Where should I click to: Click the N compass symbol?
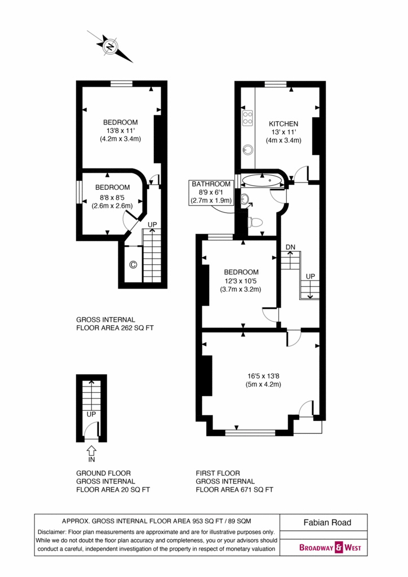click(110, 46)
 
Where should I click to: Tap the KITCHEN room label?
click(283, 123)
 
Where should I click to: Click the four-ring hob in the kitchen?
click(247, 118)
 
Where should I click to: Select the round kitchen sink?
click(247, 149)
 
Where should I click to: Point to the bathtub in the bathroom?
click(262, 180)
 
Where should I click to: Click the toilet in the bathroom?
click(256, 222)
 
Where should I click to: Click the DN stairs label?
click(290, 247)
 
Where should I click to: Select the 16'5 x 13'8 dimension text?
click(263, 376)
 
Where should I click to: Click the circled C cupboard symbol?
click(133, 264)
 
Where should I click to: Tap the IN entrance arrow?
click(92, 450)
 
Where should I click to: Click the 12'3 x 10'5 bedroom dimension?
click(241, 281)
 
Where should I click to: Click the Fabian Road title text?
click(327, 522)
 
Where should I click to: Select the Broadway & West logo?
click(330, 547)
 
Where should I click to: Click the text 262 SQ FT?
click(138, 328)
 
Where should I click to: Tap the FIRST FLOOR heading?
click(218, 473)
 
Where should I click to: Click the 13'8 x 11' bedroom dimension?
click(120, 131)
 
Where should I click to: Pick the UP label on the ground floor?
click(91, 414)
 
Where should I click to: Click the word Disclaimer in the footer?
click(52, 532)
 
